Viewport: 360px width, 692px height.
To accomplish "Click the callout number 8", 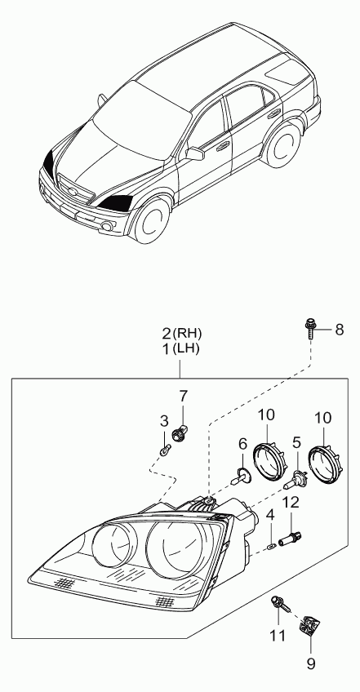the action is (339, 330).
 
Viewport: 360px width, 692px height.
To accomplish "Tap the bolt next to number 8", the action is (309, 329).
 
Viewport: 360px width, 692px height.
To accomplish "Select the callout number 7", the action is (184, 397).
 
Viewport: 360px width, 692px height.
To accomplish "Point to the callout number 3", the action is (164, 421).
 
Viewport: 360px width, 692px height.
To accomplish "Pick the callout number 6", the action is (242, 444).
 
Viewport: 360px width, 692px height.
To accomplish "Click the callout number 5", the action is (296, 442).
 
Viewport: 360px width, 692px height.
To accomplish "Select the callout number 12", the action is (291, 502).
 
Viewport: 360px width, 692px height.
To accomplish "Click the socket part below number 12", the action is (291, 539).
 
